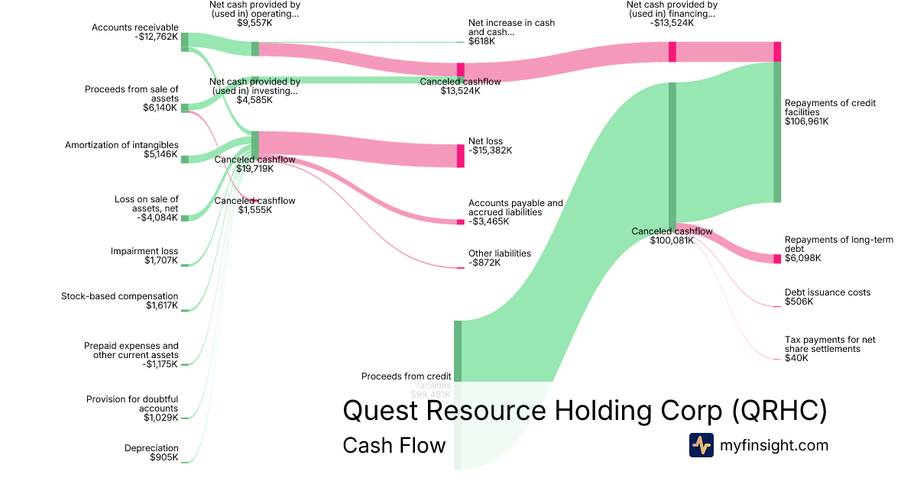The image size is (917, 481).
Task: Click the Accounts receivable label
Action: (x=135, y=27)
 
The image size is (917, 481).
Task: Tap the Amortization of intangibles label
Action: (x=122, y=145)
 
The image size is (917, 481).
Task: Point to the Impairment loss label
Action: (x=144, y=251)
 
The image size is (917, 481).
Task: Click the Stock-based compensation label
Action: (x=120, y=296)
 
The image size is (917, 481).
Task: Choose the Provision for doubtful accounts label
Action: (x=132, y=404)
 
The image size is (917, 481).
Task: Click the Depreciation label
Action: (x=151, y=448)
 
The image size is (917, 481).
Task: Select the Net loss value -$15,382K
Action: (x=490, y=150)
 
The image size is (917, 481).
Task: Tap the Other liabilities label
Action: (x=500, y=253)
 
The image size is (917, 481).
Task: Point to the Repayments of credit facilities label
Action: (x=830, y=108)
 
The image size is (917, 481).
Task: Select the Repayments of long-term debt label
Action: (x=838, y=244)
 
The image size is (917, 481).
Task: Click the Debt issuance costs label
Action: (x=828, y=292)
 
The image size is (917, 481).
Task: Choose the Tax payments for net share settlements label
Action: (x=830, y=344)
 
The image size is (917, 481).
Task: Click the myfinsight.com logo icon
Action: (x=701, y=445)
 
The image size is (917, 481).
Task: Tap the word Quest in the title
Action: (x=380, y=411)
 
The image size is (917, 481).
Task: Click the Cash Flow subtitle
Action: (x=394, y=445)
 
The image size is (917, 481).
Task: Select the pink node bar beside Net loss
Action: (x=461, y=156)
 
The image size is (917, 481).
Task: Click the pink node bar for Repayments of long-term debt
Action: (x=777, y=259)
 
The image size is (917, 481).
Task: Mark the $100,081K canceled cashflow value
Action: (x=672, y=240)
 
